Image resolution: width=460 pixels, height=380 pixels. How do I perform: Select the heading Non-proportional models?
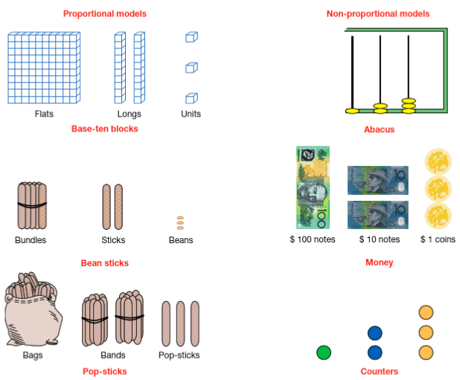tap(377, 13)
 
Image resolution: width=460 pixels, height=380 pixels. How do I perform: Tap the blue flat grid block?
tap(43, 68)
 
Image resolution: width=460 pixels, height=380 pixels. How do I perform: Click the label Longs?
tap(129, 115)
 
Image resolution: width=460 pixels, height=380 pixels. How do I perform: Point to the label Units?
tap(191, 115)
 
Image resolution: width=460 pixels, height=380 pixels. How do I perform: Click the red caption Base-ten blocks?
tap(105, 129)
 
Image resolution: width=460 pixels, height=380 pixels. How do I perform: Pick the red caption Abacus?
tap(379, 129)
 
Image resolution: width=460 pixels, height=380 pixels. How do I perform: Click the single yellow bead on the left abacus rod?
tap(352, 111)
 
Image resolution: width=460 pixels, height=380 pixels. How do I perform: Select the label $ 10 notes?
tap(379, 239)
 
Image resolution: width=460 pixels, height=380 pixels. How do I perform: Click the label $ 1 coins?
tap(438, 239)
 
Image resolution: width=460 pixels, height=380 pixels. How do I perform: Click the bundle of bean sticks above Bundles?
tap(32, 205)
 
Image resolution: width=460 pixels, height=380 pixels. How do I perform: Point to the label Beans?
tap(181, 240)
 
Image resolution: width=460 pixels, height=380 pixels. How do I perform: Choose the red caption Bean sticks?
tap(105, 263)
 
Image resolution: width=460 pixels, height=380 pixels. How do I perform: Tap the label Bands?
tap(113, 355)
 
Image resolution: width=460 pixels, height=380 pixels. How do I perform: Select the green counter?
tap(323, 352)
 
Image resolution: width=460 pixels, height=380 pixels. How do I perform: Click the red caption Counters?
tap(379, 371)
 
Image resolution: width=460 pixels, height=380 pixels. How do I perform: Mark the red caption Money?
tap(379, 263)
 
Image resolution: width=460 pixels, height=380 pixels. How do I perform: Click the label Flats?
tap(43, 115)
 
